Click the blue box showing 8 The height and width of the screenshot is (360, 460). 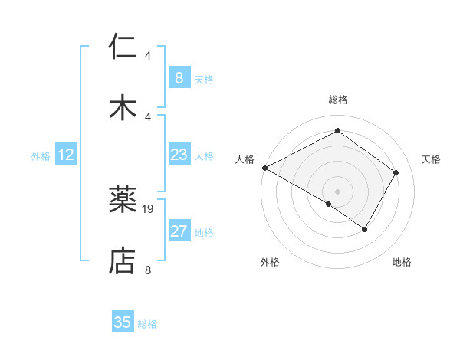pos(179,78)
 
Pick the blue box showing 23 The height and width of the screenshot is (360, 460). pos(179,155)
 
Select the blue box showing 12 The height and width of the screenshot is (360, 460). pos(66,155)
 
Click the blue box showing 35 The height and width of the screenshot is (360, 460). pos(123,322)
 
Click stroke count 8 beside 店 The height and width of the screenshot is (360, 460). pos(148,269)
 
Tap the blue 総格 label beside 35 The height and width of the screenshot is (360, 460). pos(147,324)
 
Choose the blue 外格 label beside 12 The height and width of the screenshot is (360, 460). pos(41,156)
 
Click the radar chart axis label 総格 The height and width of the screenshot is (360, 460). pos(338,100)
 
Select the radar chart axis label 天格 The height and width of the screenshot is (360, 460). pos(431,159)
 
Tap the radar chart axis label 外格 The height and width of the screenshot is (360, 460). pos(270,262)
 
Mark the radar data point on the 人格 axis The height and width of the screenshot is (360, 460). pos(264,168)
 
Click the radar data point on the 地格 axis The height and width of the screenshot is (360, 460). pos(365,229)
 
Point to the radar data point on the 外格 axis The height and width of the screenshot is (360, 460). pos(329,204)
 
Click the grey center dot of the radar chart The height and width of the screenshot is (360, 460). pos(338,191)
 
